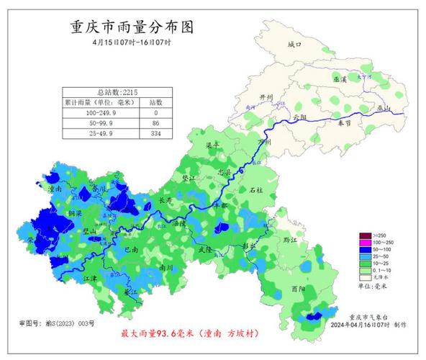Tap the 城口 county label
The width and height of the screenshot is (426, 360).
(x=293, y=45)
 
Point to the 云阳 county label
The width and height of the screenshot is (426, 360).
(x=300, y=117)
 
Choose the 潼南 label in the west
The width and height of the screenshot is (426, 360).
(x=54, y=189)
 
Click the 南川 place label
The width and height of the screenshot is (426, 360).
(x=166, y=266)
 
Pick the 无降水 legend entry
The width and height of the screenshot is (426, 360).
(x=374, y=276)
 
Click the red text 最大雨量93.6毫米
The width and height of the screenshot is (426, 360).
(x=159, y=335)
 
